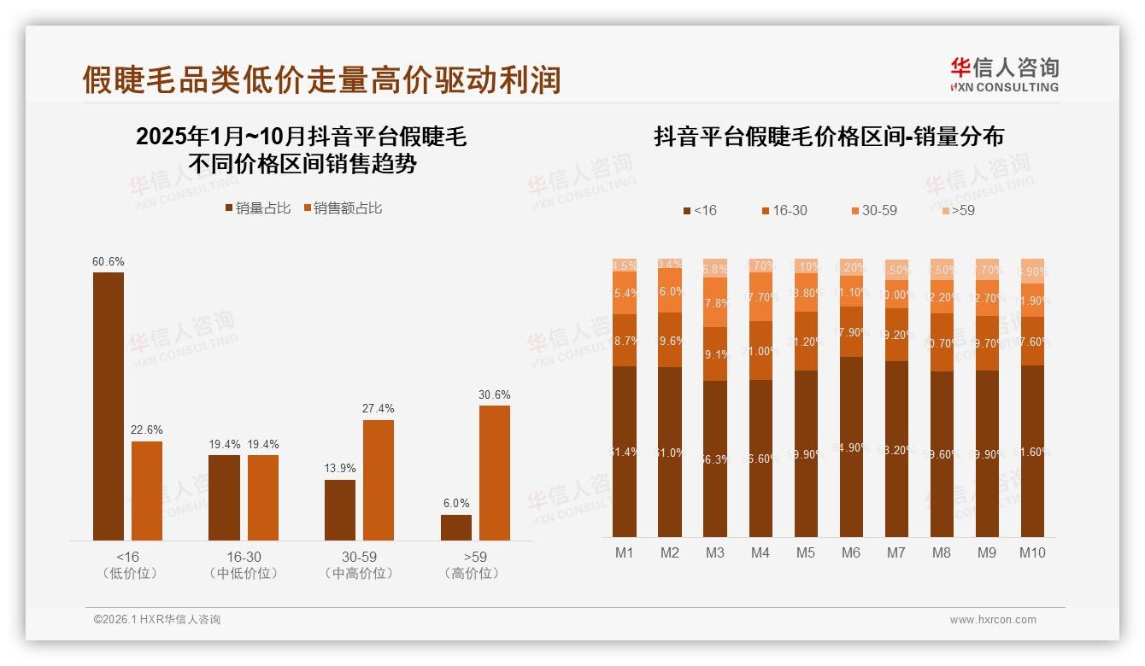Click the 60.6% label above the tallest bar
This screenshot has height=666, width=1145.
click(x=109, y=261)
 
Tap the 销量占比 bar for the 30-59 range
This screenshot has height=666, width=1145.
click(x=339, y=510)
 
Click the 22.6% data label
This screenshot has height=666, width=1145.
click(x=147, y=429)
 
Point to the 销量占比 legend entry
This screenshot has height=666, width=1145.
click(x=257, y=208)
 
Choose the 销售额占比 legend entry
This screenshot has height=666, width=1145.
click(x=343, y=208)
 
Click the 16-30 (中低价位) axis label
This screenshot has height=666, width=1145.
click(x=244, y=564)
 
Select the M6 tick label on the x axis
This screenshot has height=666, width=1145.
click(x=850, y=552)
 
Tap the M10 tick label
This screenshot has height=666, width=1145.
click(x=1032, y=552)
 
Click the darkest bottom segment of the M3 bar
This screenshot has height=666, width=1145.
click(x=714, y=459)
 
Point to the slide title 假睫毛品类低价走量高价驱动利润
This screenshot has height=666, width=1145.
click(x=321, y=79)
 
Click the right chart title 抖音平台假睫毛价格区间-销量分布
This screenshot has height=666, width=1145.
click(x=829, y=137)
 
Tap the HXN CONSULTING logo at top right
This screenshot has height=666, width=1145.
click(x=1004, y=75)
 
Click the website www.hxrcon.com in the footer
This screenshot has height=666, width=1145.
click(x=992, y=620)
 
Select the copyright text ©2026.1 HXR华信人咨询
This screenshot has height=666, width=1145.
click(x=156, y=620)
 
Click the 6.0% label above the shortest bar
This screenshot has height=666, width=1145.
click(x=456, y=504)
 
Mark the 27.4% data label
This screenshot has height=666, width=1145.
click(x=379, y=409)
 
